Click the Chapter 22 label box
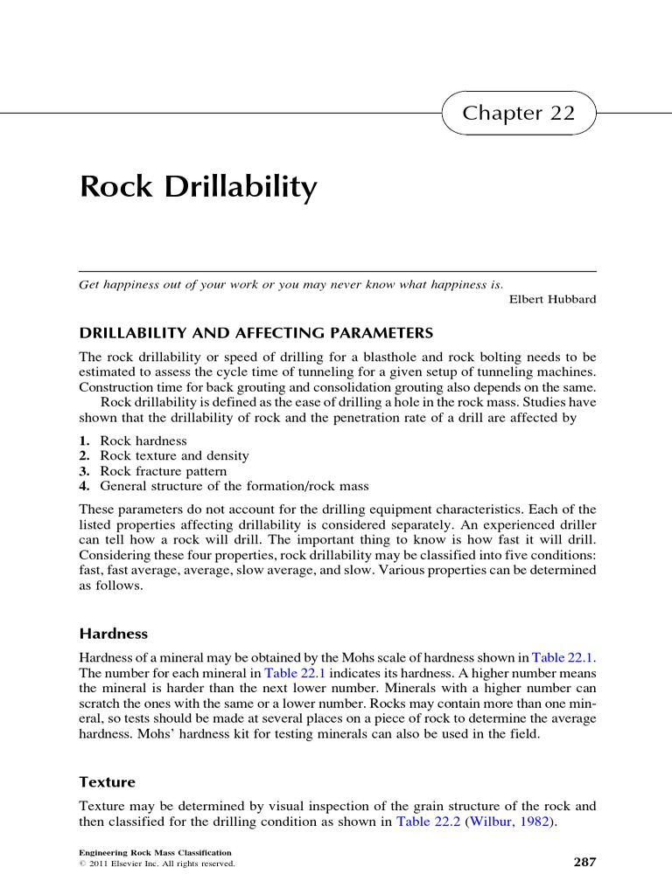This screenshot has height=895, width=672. [519, 114]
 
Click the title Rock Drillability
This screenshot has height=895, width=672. [198, 187]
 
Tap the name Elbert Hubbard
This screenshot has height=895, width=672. [552, 300]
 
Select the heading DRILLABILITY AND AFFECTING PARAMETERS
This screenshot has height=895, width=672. [256, 333]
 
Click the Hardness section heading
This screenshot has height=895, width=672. [114, 633]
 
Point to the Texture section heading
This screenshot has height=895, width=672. [108, 781]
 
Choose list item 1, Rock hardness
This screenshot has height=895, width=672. [143, 441]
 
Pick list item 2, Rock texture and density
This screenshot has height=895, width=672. [174, 456]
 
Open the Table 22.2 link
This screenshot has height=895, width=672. [429, 822]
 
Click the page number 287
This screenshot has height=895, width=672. [584, 863]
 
